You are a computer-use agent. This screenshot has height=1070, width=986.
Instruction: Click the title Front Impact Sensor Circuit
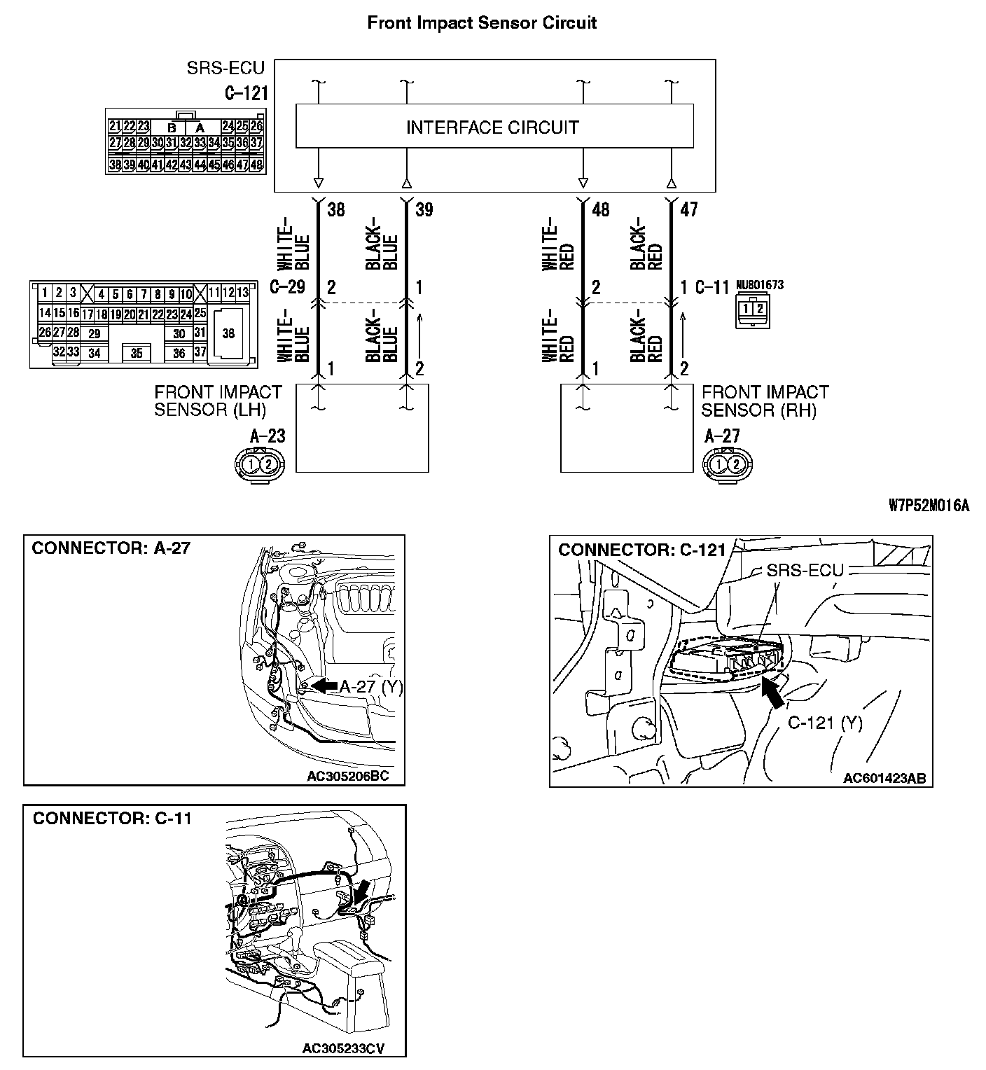(482, 22)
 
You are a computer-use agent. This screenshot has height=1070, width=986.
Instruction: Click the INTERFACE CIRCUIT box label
(492, 127)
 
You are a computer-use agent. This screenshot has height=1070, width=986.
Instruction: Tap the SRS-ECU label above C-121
(225, 68)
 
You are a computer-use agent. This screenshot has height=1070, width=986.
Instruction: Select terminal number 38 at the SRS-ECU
(336, 209)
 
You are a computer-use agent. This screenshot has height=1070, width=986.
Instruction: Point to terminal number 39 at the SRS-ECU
(424, 209)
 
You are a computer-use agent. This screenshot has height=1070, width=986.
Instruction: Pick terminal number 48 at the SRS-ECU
(601, 209)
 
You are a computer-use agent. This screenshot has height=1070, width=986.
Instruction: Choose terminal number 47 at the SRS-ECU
(689, 209)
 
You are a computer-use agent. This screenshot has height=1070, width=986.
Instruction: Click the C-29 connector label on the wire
(287, 287)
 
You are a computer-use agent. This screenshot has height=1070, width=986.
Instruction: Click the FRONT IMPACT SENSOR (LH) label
(218, 401)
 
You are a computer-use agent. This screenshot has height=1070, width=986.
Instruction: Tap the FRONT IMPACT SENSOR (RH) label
(765, 401)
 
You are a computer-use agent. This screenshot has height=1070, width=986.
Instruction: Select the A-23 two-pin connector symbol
(260, 463)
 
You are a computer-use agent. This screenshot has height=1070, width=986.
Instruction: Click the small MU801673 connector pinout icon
(750, 310)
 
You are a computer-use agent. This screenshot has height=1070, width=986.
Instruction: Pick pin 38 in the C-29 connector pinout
(228, 334)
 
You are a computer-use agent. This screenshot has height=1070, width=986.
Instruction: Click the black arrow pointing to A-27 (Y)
(324, 686)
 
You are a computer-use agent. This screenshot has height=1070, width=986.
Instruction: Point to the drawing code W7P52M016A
(929, 506)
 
